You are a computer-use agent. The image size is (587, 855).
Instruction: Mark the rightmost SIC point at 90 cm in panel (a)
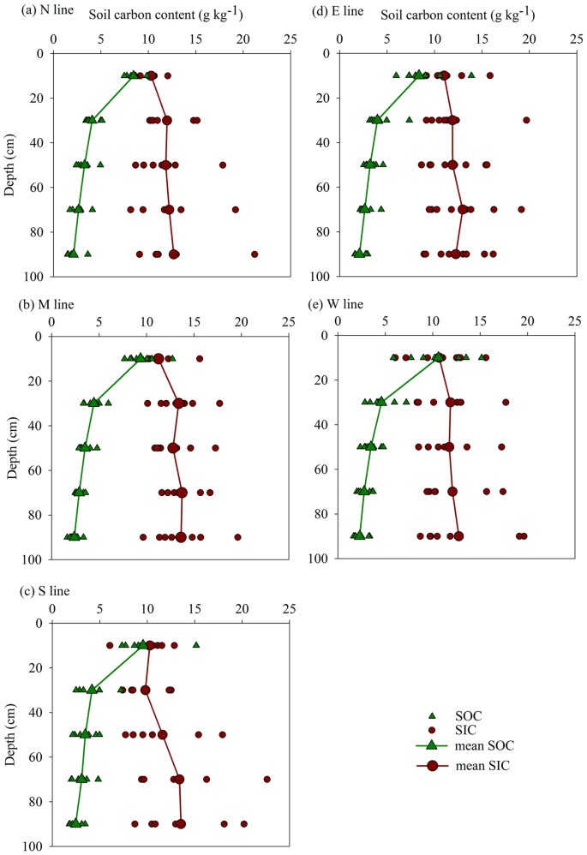click(255, 254)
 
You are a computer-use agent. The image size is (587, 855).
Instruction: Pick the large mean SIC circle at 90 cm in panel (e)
click(458, 535)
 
